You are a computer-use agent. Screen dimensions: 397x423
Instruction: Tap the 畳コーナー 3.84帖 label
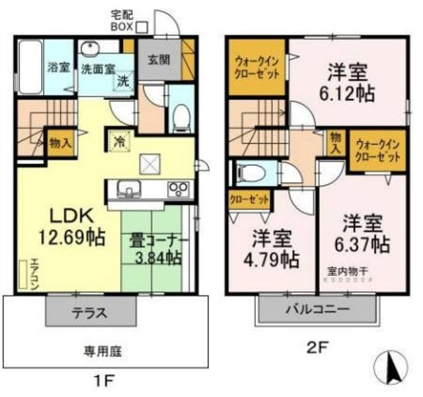click(156, 249)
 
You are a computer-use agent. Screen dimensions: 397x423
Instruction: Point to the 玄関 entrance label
click(159, 59)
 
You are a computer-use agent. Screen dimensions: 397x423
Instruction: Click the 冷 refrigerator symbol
click(120, 141)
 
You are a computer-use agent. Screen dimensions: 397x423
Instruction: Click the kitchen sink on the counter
click(130, 189)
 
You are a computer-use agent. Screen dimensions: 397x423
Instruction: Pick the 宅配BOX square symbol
click(142, 26)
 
